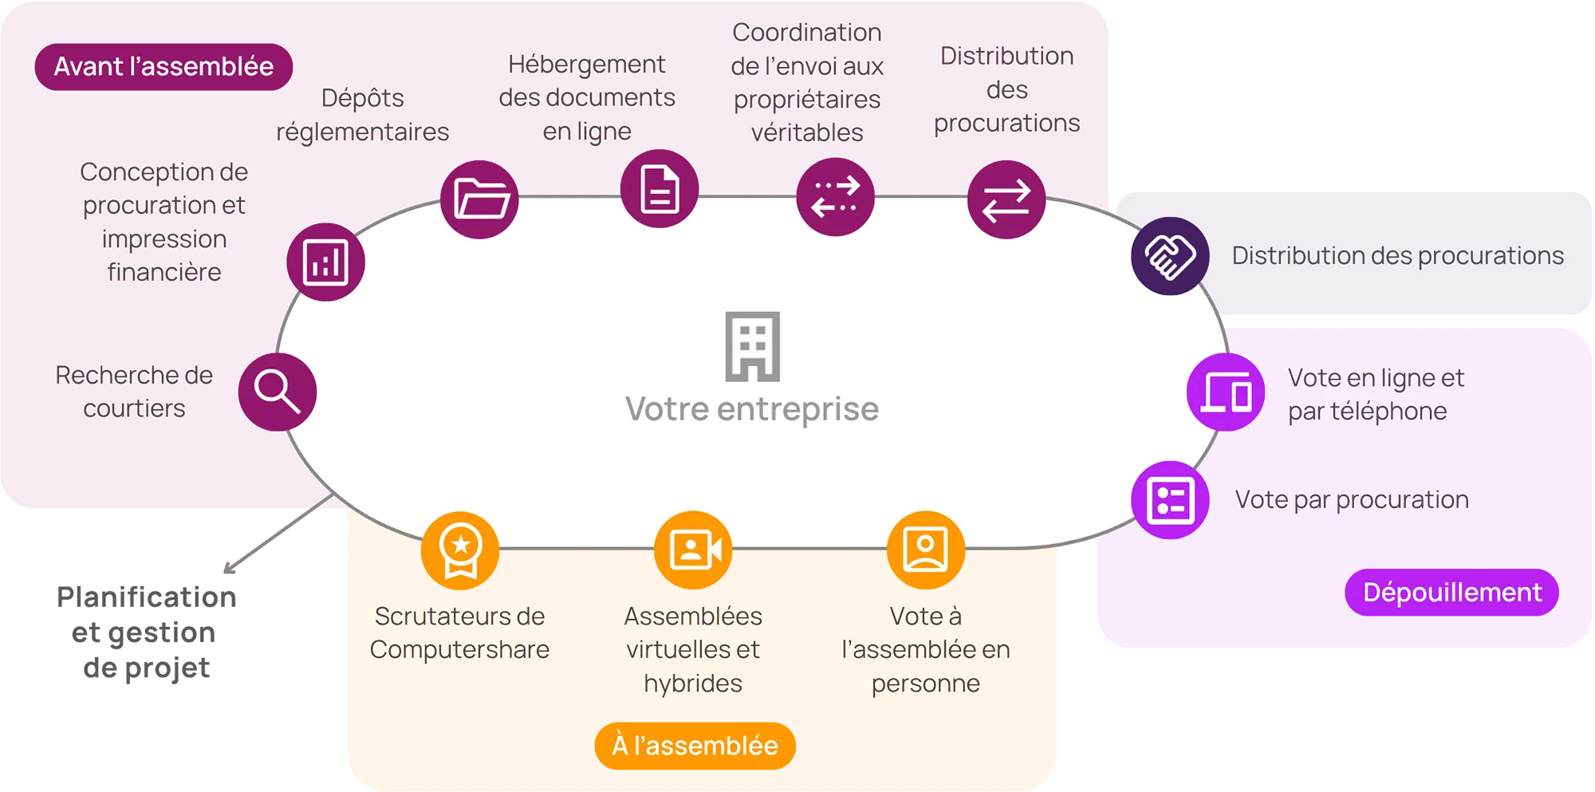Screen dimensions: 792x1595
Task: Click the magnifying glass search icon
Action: tap(278, 392)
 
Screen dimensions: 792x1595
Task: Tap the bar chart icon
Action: tap(325, 262)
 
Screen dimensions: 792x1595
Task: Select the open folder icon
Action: tap(481, 199)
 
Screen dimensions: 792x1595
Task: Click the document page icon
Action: tap(660, 190)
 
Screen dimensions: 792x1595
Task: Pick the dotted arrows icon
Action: tap(835, 197)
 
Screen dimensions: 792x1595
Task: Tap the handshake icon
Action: tap(1170, 256)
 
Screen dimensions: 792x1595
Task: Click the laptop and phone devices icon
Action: tap(1226, 392)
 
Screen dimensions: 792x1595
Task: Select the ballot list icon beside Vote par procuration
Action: tap(1170, 501)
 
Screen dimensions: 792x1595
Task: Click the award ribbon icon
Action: tap(461, 550)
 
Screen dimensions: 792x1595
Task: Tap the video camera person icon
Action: tap(694, 550)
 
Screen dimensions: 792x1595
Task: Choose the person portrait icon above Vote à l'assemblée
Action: tap(925, 549)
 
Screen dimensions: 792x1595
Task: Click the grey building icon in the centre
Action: tap(752, 346)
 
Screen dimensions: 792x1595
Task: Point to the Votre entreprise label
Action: tap(752, 409)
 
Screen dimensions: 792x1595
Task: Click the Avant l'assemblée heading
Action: tap(163, 66)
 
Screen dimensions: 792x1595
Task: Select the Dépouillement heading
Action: tap(1452, 593)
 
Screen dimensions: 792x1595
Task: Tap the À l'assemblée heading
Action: tap(695, 746)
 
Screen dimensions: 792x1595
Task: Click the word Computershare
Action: tap(459, 650)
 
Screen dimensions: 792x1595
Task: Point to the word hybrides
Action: tap(693, 684)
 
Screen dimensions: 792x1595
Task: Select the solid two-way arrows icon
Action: tap(1006, 200)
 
